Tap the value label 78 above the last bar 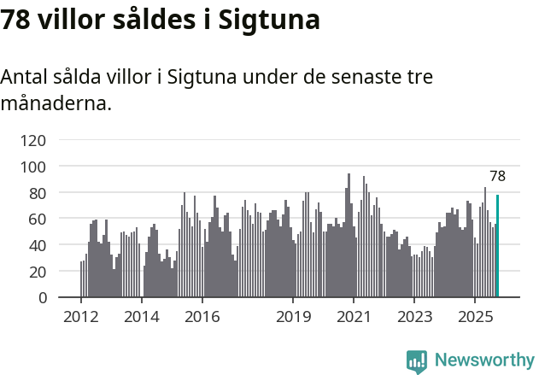[x=497, y=177]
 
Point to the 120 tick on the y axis [x=35, y=139]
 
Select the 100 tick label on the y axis [x=35, y=166]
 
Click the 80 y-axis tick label [x=38, y=192]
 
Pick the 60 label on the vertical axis [x=38, y=219]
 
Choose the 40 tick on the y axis [x=38, y=245]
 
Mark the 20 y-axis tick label [x=38, y=272]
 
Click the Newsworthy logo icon [x=417, y=361]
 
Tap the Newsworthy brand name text [x=483, y=360]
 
